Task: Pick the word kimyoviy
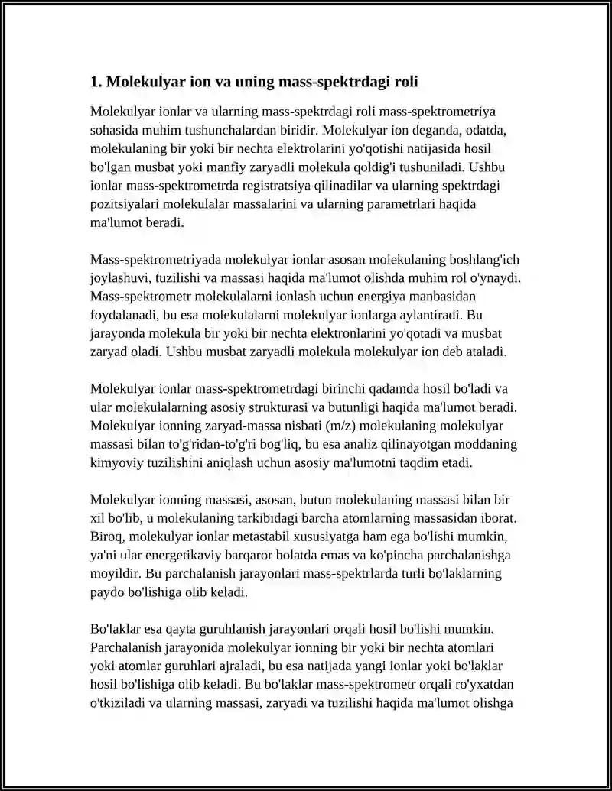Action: click(x=116, y=463)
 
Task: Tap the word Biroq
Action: click(x=106, y=537)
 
